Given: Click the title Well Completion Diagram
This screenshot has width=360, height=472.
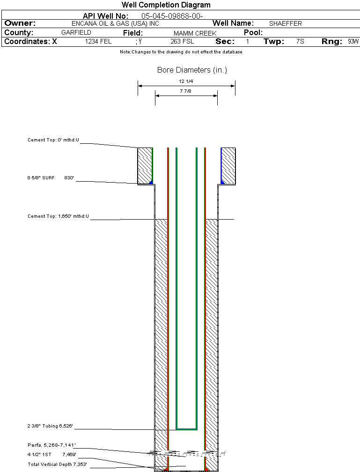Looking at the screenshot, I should click(166, 5).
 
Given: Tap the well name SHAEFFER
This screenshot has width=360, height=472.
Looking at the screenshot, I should click(285, 23).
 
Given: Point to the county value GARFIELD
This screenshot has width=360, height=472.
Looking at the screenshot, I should click(76, 33).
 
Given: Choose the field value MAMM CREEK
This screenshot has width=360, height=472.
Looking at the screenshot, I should click(195, 33).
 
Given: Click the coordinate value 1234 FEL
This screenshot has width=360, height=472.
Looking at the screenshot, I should click(98, 42).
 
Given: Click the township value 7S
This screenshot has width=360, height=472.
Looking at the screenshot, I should click(300, 42).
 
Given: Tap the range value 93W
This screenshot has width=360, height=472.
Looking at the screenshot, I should click(353, 42).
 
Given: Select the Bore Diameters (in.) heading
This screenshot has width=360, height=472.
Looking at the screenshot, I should click(192, 70).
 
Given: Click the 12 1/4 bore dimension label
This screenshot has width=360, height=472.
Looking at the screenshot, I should click(186, 81).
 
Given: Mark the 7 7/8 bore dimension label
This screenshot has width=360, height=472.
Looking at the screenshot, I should click(185, 91).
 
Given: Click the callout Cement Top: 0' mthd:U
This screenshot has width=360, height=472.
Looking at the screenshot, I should click(53, 140).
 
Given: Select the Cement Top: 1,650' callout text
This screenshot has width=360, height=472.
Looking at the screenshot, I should click(58, 216).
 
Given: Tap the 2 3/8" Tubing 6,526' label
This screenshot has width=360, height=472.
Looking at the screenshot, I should click(50, 426).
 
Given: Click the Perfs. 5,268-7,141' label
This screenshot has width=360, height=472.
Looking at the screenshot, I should click(51, 445).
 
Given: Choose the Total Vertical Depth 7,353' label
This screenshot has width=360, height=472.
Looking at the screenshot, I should click(57, 464).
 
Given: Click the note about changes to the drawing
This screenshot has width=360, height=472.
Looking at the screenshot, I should click(181, 52).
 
